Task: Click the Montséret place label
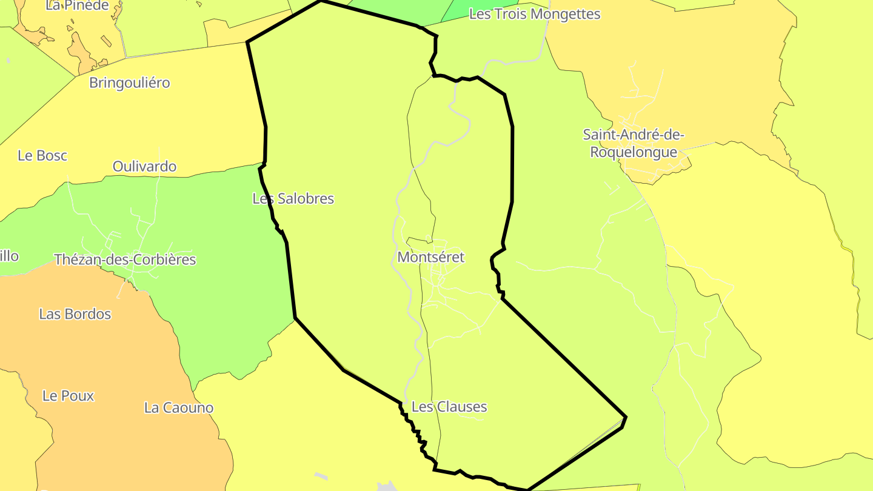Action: (430, 257)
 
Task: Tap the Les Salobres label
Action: (293, 198)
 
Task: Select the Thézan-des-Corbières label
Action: (125, 259)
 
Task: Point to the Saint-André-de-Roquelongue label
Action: (633, 143)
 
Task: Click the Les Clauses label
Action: (449, 407)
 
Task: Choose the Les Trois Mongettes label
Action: (534, 14)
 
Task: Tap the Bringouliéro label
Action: (130, 83)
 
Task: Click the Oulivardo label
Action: (144, 166)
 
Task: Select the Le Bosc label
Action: (42, 155)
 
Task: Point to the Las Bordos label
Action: (75, 314)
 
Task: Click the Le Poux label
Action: (68, 396)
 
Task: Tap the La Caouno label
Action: (179, 407)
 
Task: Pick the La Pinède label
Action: (77, 6)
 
